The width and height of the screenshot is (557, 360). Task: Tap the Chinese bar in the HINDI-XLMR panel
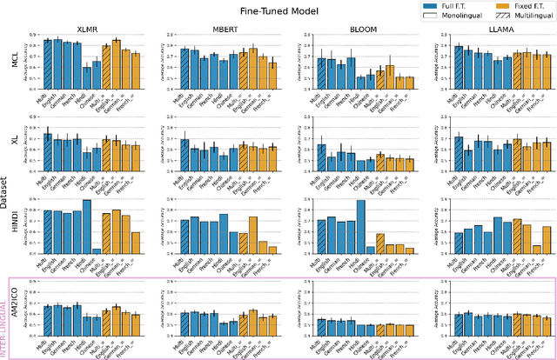(x=96, y=250)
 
